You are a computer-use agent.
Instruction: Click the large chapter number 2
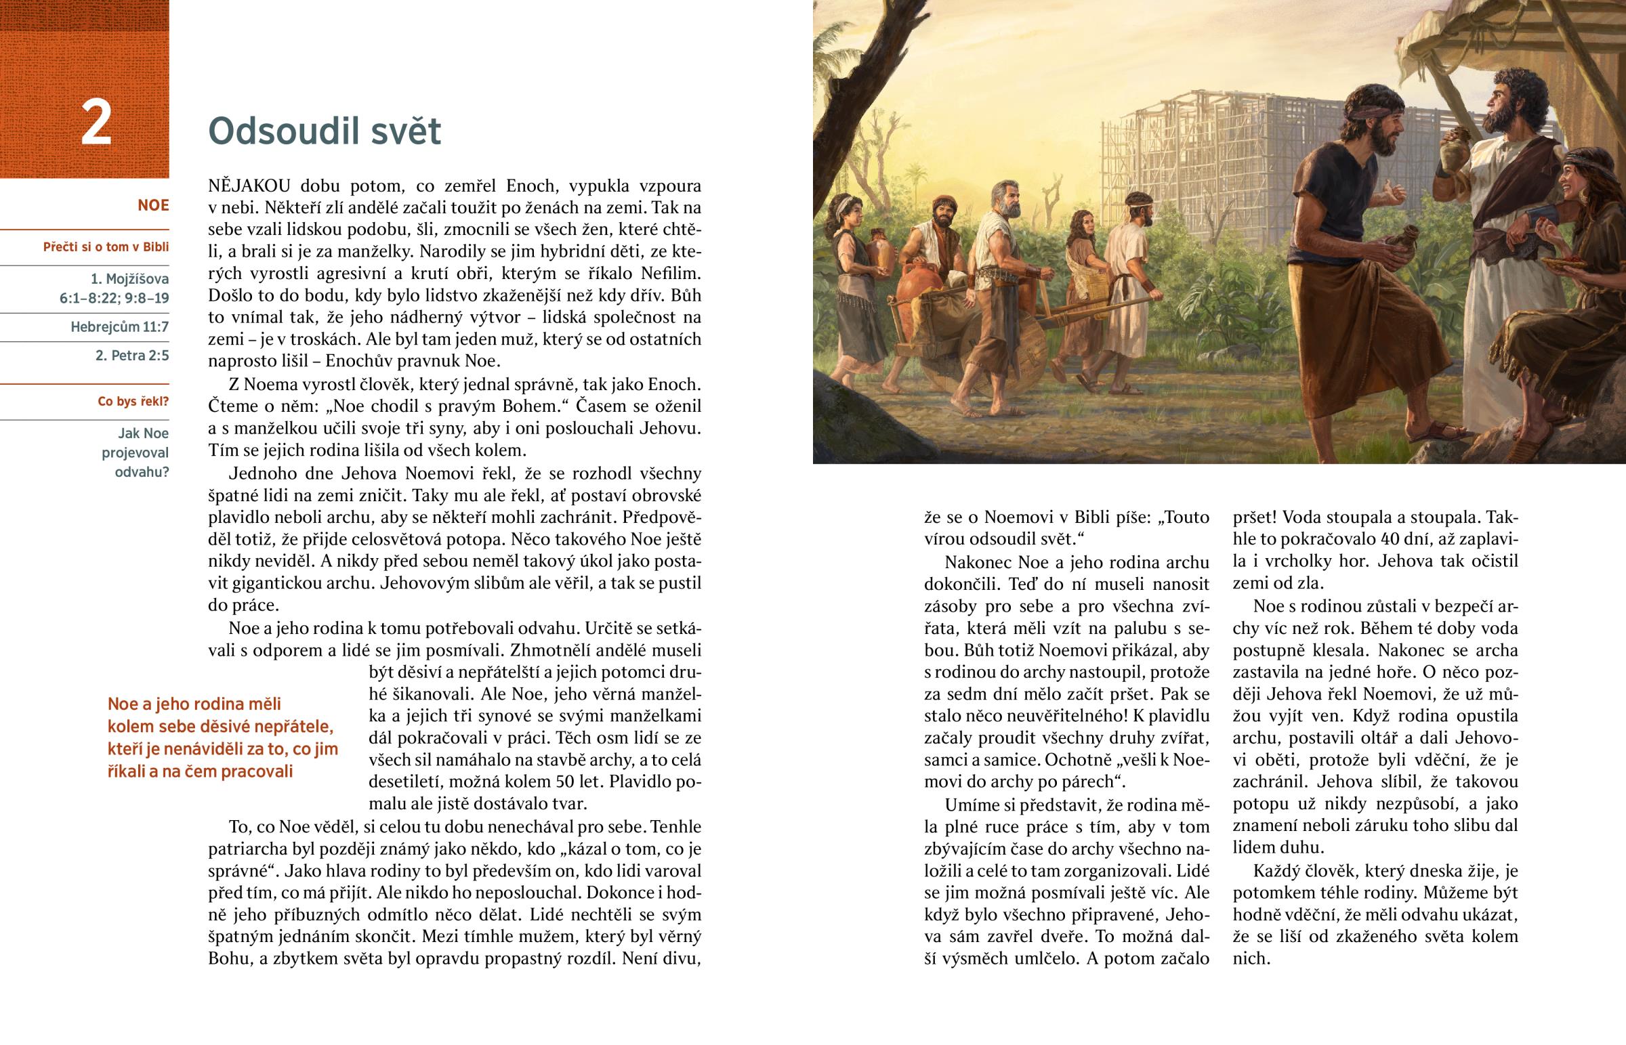point(96,123)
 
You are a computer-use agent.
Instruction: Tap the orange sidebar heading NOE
point(152,205)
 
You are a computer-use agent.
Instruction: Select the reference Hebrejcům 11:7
point(119,327)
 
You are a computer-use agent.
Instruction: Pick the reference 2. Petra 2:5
point(131,356)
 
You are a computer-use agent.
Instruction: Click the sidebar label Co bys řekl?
point(133,401)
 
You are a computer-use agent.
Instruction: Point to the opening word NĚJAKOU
point(249,186)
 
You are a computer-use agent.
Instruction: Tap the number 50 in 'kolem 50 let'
point(565,782)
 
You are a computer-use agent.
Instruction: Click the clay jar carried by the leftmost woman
point(880,251)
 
